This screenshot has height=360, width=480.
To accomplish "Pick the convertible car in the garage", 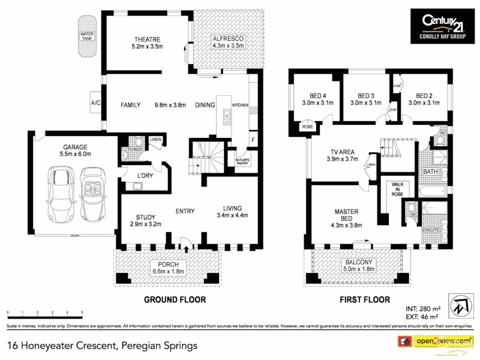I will (92, 190).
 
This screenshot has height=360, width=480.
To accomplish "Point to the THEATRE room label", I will (147, 43).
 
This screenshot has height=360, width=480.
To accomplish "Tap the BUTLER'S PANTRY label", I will (242, 161).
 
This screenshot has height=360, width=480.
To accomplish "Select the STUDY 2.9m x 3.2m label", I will (146, 220).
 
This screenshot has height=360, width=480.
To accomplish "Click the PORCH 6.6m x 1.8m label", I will (169, 268).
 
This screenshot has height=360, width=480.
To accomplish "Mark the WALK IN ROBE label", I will (397, 190).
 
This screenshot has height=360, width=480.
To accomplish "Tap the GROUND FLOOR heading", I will (175, 299).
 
